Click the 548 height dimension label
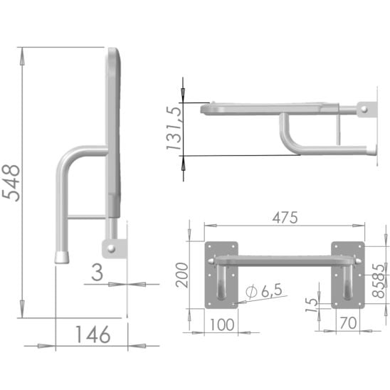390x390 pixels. click(11, 183)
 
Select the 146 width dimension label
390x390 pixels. click(93, 334)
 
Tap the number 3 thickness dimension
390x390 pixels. click(97, 273)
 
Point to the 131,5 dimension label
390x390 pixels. click(174, 128)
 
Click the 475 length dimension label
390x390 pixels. click(285, 218)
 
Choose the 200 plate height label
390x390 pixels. click(181, 275)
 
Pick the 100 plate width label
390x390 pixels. click(222, 325)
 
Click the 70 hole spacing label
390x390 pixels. click(348, 323)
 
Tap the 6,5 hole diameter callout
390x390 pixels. click(272, 290)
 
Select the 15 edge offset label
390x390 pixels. click(311, 305)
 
